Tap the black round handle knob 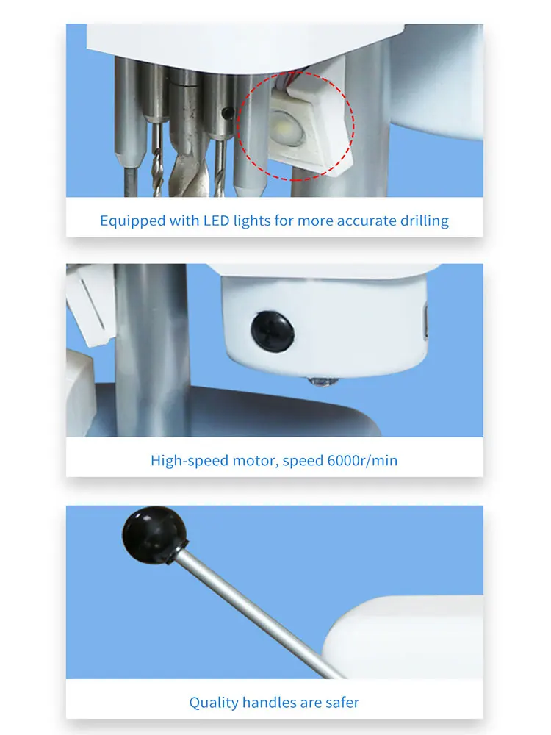pos(154,534)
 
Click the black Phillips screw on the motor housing pos(273,331)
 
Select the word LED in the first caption pos(217,220)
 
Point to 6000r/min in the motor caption pos(362,460)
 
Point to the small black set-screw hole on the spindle pos(228,112)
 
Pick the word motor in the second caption pos(254,461)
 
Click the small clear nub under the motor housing pos(322,382)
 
